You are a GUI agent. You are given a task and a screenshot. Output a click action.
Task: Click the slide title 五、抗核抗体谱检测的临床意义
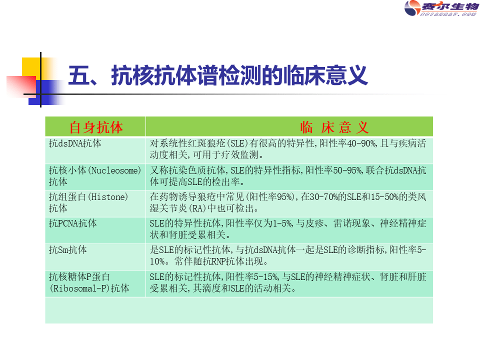pyautogui.click(x=218, y=76)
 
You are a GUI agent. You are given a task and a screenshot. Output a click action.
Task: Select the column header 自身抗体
pyautogui.click(x=95, y=127)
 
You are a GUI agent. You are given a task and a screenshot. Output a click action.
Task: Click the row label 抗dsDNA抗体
pyautogui.click(x=75, y=143)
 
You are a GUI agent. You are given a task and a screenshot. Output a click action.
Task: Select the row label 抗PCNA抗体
pyautogui.click(x=73, y=223)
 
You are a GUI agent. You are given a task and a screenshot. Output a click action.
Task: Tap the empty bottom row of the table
pyautogui.click(x=239, y=310)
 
